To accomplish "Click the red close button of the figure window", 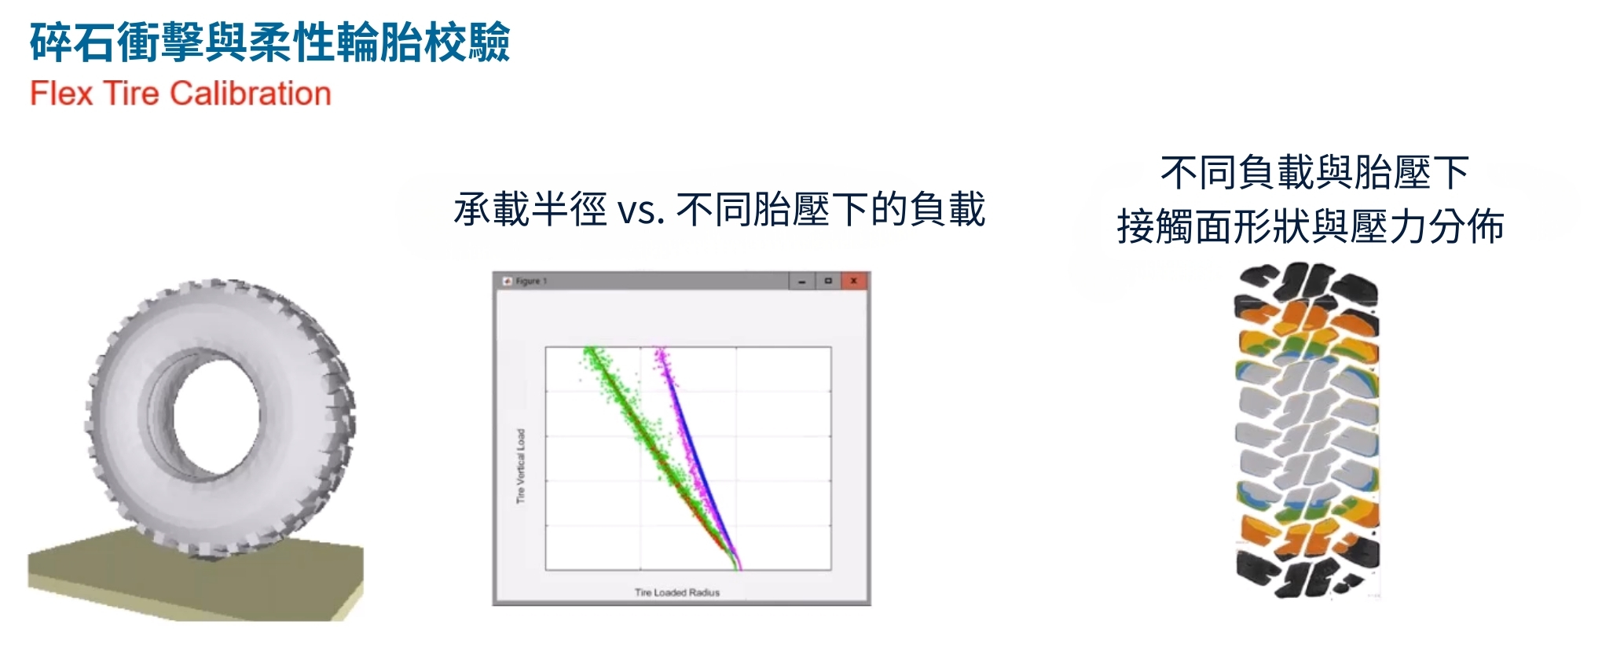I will (853, 281).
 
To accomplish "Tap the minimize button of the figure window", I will (801, 281).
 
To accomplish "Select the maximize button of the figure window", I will (827, 281).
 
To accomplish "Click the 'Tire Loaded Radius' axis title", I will (676, 593).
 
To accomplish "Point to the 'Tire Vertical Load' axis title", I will (520, 466).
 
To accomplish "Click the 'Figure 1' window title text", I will (531, 281).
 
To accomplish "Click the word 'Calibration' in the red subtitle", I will (251, 94).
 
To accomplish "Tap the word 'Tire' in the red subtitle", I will (131, 94).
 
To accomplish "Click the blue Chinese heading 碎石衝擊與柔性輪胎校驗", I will (270, 42).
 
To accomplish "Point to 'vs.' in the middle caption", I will (641, 211).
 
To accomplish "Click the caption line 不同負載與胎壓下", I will (1314, 173).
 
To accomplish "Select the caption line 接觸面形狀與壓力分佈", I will (1311, 227).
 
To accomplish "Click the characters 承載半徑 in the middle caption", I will (530, 211).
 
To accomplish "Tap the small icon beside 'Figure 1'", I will (508, 281).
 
